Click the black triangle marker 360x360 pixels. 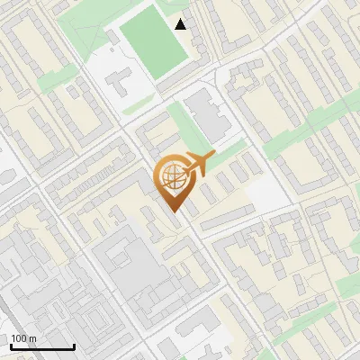click(x=182, y=24)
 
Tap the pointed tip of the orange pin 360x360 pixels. click(x=174, y=211)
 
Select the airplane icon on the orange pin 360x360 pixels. click(x=197, y=165)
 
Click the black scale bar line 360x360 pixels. click(x=41, y=346)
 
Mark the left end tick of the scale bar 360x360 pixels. click(x=10, y=345)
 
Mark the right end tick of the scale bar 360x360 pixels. click(x=74, y=345)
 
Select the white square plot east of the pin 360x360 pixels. click(x=265, y=192)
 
